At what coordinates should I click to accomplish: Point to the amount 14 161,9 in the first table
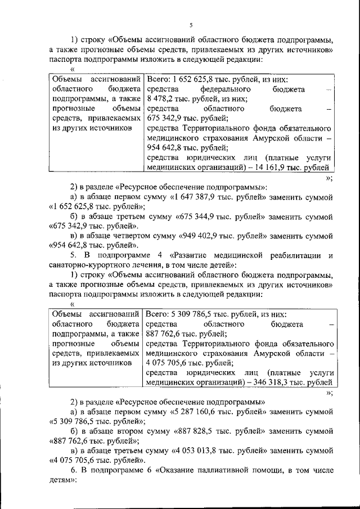(266, 168)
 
